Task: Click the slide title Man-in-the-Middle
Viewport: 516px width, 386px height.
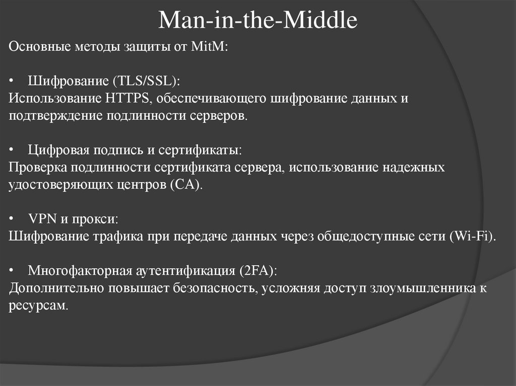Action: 258,21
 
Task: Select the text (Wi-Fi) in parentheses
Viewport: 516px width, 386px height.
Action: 471,237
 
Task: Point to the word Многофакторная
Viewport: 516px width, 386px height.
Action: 80,271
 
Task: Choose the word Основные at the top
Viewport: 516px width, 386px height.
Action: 41,47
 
